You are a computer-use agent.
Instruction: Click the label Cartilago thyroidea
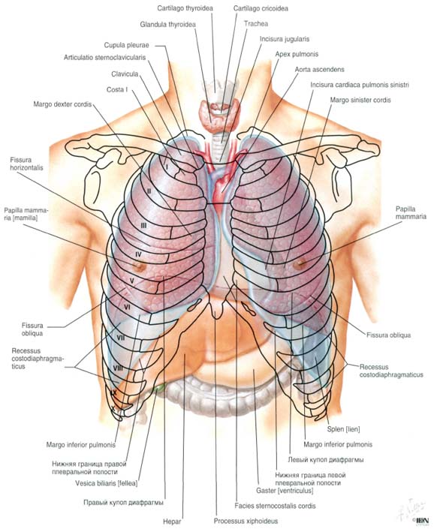tap(185, 8)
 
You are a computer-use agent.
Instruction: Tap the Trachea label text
tap(256, 23)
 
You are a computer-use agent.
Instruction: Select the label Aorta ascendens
tap(319, 70)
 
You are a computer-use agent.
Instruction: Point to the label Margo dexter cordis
tap(62, 104)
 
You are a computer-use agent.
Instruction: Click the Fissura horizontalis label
tap(26, 164)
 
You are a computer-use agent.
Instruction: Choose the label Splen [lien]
tap(343, 429)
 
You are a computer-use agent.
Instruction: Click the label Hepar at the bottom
tap(172, 521)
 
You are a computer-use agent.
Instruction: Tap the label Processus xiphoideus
tap(246, 521)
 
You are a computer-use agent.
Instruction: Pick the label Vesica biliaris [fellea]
tap(107, 483)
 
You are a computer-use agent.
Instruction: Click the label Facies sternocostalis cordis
tap(276, 506)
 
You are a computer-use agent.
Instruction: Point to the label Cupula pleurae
tap(126, 45)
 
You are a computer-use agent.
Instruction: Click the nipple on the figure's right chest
tap(138, 266)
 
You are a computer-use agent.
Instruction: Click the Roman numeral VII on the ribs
tap(121, 337)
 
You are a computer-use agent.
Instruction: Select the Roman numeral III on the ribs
tap(143, 225)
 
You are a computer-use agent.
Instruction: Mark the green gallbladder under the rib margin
tap(160, 387)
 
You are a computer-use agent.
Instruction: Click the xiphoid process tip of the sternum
tap(215, 314)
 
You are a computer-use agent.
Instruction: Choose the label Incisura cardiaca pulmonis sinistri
tap(360, 85)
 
